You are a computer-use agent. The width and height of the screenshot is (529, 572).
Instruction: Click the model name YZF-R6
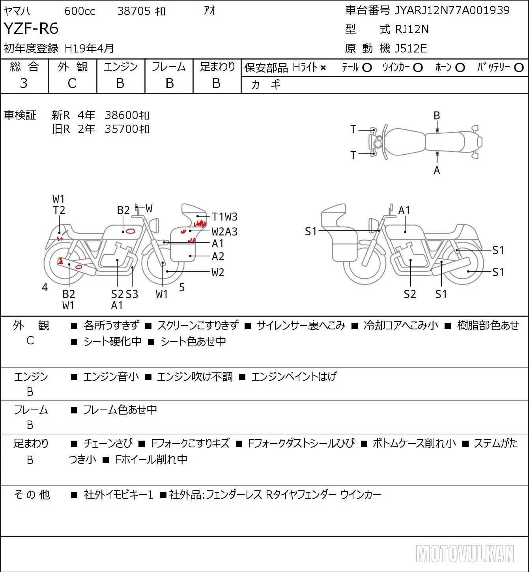point(31,28)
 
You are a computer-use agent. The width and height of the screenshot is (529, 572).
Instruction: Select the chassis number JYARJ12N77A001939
point(452,10)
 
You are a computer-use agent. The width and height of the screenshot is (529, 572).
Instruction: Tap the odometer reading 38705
point(134,11)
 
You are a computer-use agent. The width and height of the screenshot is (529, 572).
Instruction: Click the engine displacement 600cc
point(80,11)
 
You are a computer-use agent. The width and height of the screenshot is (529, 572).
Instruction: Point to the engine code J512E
point(411,49)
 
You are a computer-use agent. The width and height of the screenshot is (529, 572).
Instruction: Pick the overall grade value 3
point(24,83)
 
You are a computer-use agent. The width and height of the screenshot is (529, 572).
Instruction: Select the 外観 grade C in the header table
point(72,84)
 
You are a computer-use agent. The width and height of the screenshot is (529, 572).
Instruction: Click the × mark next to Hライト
point(323,68)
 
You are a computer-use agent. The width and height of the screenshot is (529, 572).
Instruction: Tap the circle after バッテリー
point(519,68)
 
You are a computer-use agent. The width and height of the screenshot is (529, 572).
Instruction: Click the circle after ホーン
point(460,68)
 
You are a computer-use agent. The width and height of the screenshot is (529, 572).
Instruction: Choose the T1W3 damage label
point(224,217)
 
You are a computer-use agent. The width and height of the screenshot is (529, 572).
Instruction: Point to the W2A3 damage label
point(224,232)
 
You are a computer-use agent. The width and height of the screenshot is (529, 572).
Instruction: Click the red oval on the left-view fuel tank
point(131,231)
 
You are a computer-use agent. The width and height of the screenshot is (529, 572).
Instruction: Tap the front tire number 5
point(182,287)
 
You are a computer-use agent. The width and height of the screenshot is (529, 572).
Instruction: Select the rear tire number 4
point(45,287)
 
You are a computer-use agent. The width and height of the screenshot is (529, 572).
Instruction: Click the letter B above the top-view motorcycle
point(437,116)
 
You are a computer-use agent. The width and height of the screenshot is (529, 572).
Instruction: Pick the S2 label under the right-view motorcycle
point(410,294)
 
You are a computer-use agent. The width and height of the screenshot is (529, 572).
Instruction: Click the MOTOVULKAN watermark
point(465,553)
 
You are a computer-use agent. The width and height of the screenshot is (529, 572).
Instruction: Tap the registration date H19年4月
point(89,49)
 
